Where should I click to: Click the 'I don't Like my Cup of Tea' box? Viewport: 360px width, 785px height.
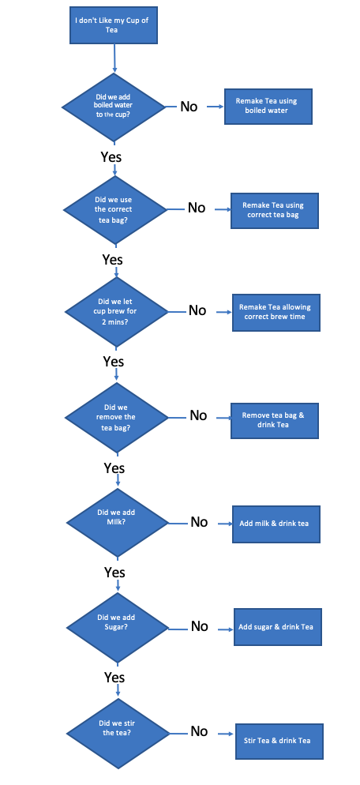[114, 25]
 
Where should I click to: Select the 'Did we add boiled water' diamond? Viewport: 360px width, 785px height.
[113, 107]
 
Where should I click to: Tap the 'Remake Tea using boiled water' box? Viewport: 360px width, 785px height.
[268, 106]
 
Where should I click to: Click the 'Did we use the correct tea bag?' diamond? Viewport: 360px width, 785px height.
[115, 209]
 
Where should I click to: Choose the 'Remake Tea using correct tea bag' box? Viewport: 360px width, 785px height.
[275, 210]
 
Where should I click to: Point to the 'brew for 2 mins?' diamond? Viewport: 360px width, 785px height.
[117, 311]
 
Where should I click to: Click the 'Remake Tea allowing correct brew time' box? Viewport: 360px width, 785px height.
[276, 313]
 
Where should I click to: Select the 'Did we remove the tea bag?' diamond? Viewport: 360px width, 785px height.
[117, 417]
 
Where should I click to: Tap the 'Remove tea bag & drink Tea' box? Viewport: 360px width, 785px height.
[275, 420]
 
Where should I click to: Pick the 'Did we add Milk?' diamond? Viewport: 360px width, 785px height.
[118, 523]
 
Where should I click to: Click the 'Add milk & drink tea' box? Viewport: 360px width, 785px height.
[276, 524]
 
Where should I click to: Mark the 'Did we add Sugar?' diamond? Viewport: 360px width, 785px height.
[118, 627]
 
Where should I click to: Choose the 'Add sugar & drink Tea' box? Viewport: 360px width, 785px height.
[277, 627]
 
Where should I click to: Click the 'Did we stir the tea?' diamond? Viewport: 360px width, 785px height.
[118, 734]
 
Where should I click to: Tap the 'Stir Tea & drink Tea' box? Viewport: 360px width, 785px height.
[279, 742]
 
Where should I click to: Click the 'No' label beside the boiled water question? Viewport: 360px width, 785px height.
[189, 107]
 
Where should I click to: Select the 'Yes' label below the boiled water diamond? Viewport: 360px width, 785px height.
[111, 156]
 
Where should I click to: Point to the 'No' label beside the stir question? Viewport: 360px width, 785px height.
[199, 732]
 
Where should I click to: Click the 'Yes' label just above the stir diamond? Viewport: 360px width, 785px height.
[114, 678]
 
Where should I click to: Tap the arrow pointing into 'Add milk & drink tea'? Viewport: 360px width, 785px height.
[225, 524]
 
